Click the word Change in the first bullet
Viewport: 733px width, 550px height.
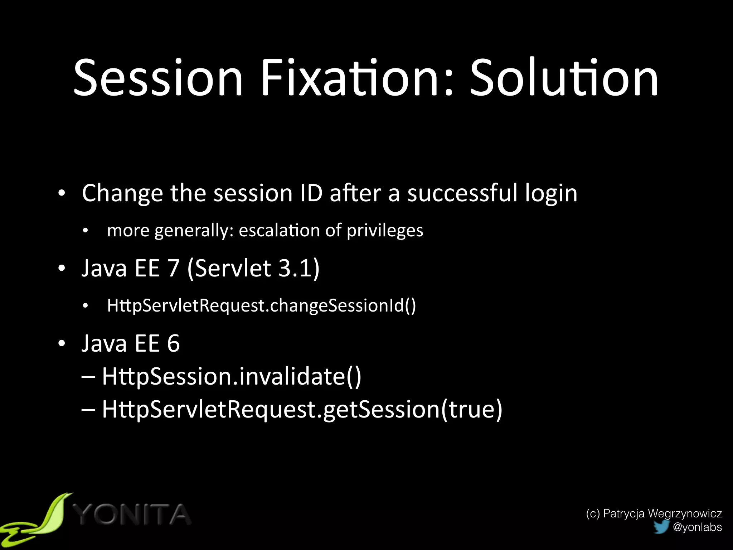click(122, 194)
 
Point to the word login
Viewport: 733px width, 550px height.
click(551, 194)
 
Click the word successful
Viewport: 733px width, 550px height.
click(462, 193)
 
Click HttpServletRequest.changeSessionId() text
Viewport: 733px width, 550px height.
click(261, 305)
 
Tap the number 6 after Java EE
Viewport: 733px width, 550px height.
click(173, 343)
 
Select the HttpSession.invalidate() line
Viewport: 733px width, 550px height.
click(231, 376)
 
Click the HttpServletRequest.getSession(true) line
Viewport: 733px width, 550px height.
click(302, 409)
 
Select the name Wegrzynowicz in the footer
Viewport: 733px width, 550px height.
click(685, 513)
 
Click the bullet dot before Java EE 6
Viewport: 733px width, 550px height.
click(62, 343)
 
